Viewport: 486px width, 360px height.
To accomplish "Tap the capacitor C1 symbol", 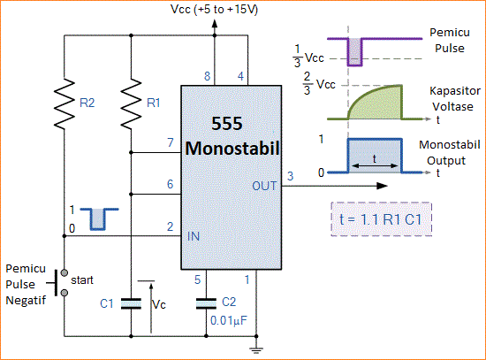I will [130, 303].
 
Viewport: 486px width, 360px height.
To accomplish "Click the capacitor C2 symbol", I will [205, 303].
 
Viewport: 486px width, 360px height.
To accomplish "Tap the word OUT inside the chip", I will [263, 187].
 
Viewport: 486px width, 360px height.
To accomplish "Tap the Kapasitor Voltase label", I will [455, 98].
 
